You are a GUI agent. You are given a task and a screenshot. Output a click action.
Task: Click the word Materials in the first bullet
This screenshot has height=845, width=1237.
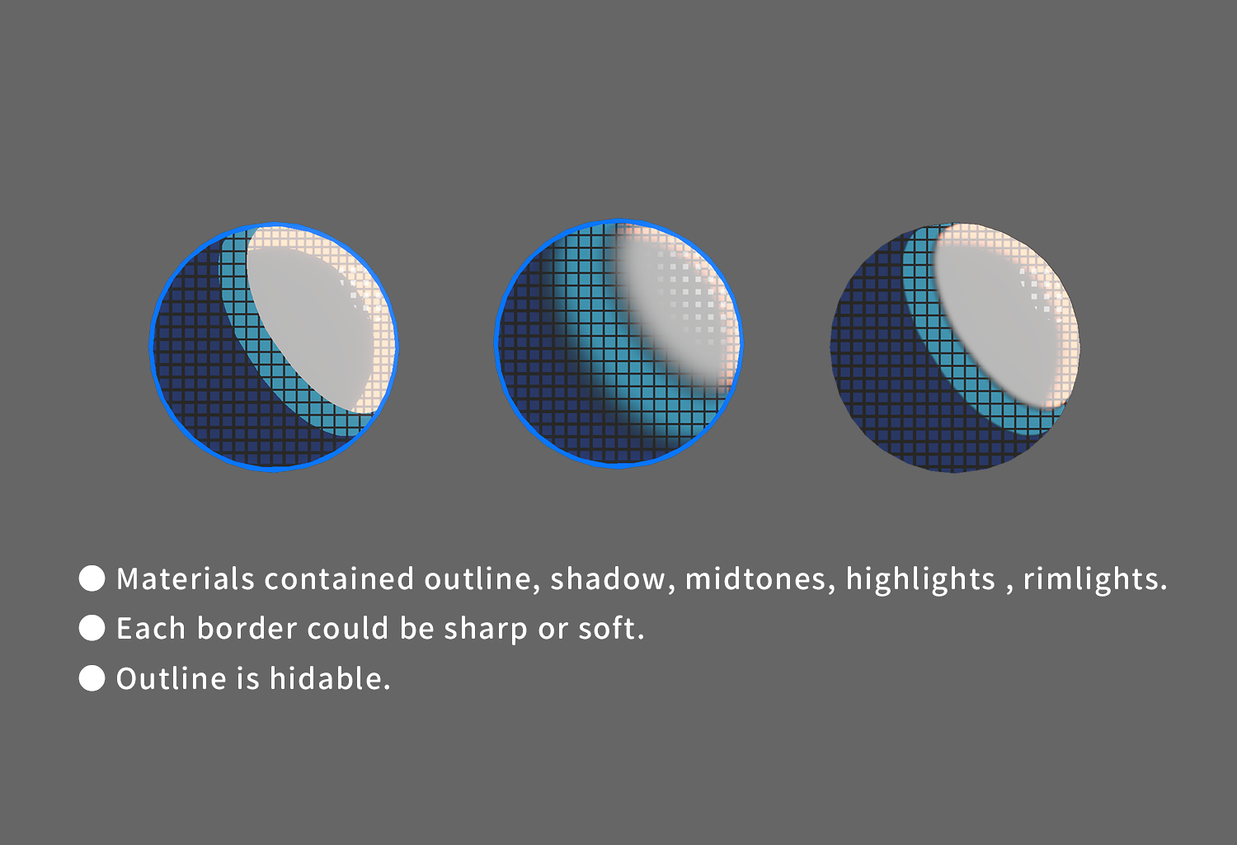[186, 578]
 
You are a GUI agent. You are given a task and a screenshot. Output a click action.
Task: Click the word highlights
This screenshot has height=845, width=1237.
[920, 580]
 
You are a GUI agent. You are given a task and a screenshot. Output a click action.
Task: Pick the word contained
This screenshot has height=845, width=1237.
[339, 578]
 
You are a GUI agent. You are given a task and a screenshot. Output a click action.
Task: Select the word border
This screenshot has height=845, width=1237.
[247, 628]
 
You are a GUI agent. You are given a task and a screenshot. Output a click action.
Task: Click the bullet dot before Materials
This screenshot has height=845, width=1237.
[92, 578]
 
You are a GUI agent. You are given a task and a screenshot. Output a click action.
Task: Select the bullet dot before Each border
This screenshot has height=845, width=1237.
[92, 628]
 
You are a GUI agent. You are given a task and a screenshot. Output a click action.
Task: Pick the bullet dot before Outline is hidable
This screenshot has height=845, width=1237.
[92, 678]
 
